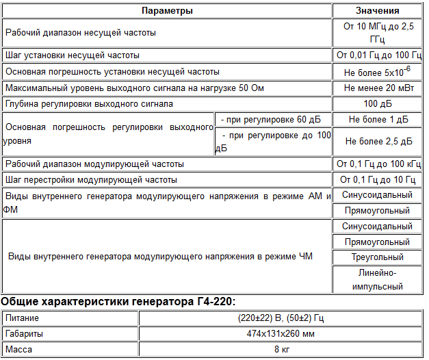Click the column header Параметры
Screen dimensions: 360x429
pyautogui.click(x=167, y=11)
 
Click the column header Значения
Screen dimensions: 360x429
pyautogui.click(x=378, y=11)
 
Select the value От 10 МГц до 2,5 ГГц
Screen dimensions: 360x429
pyautogui.click(x=378, y=33)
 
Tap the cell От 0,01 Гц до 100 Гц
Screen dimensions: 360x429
pyautogui.click(x=378, y=55)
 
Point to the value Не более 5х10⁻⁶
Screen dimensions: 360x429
pyautogui.click(x=378, y=71)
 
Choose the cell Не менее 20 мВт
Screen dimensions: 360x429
pyautogui.click(x=378, y=88)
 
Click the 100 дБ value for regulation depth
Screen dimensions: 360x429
pyautogui.click(x=378, y=104)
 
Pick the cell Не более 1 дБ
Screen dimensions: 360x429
pyautogui.click(x=378, y=119)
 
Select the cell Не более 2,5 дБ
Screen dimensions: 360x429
pyautogui.click(x=378, y=142)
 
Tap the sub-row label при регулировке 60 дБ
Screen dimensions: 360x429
pyautogui.click(x=272, y=119)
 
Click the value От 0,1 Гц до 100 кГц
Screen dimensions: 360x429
pyautogui.click(x=378, y=164)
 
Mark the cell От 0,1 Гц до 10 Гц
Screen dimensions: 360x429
pyautogui.click(x=378, y=179)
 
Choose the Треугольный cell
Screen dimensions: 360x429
pyautogui.click(x=378, y=257)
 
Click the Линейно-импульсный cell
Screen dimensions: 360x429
pyautogui.click(x=378, y=280)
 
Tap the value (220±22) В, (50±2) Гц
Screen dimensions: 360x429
pyautogui.click(x=281, y=318)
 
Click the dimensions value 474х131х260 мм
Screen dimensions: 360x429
pyautogui.click(x=281, y=334)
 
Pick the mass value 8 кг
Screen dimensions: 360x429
pyautogui.click(x=281, y=350)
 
